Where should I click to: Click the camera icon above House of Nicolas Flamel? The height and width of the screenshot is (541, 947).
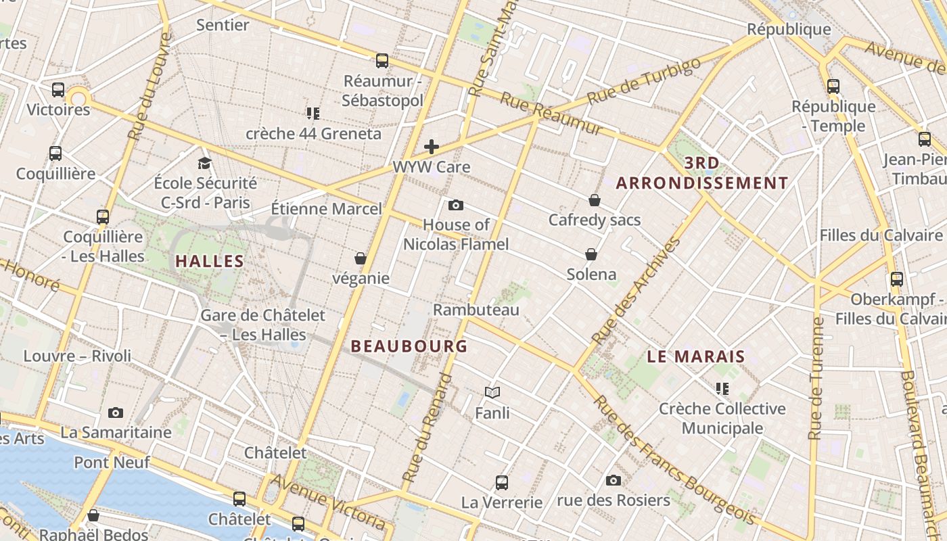click(456, 205)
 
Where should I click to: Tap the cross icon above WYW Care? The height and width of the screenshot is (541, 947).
click(432, 147)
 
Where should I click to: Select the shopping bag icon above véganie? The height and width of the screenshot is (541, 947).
click(361, 258)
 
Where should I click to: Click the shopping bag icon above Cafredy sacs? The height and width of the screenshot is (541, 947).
click(595, 200)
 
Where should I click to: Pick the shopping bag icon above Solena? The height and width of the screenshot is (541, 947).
click(591, 254)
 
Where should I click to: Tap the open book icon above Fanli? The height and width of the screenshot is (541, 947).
click(492, 392)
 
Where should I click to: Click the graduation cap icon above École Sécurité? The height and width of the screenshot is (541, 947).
click(204, 163)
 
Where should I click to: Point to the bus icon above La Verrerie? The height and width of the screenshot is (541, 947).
click(502, 483)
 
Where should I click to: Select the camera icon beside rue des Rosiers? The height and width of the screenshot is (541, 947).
click(614, 480)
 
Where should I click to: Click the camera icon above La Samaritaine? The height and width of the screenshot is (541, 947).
click(116, 413)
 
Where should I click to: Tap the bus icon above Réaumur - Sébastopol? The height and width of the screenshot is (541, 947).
click(382, 61)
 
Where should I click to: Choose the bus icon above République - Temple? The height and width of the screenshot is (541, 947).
click(833, 87)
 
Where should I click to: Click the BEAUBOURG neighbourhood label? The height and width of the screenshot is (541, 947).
click(409, 346)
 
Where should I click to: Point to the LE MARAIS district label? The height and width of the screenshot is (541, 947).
click(696, 356)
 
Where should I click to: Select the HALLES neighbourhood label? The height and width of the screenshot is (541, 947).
click(210, 261)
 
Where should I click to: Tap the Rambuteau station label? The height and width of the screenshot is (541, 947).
click(476, 310)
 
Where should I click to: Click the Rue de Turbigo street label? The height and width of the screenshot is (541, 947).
click(643, 82)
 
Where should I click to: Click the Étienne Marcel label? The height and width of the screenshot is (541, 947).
click(327, 208)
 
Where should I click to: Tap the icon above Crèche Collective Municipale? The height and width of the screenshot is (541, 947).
click(722, 389)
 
